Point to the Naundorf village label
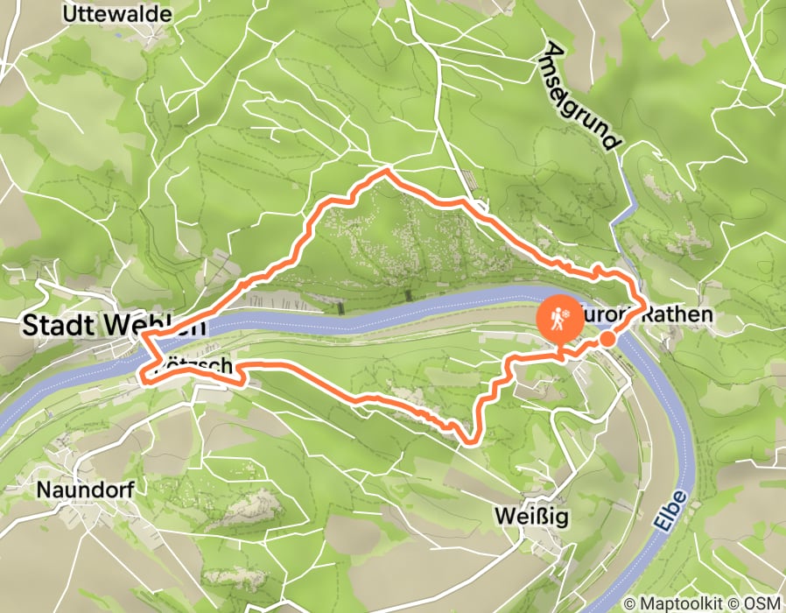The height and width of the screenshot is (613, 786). tap(85, 490)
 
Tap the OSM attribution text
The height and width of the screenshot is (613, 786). tap(761, 604)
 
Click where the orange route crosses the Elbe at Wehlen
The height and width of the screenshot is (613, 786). tap(149, 344)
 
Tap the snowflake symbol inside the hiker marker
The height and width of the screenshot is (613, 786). tap(566, 313)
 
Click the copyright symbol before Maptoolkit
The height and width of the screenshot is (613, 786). tap(629, 604)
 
